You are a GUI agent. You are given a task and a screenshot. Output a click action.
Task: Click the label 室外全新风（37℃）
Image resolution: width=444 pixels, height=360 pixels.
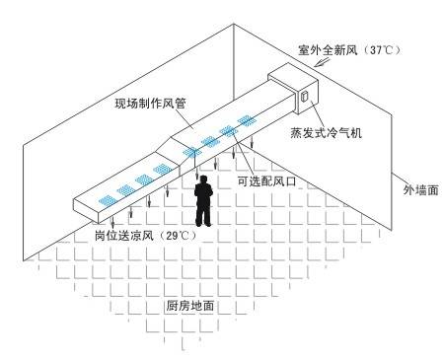(x=350, y=50)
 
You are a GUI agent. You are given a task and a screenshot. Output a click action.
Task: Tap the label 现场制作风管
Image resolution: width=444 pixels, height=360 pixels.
(x=151, y=104)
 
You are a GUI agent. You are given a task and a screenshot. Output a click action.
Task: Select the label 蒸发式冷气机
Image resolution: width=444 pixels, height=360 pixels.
(x=326, y=133)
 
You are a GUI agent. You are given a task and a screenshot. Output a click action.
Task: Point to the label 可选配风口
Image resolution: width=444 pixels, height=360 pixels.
(x=266, y=181)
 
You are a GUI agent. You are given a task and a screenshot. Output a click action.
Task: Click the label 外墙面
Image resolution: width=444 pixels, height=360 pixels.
(x=421, y=190)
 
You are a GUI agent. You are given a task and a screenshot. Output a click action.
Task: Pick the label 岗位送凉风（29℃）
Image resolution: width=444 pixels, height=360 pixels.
(x=145, y=236)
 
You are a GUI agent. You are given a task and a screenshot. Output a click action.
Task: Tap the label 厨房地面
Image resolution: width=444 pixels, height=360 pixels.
(x=190, y=306)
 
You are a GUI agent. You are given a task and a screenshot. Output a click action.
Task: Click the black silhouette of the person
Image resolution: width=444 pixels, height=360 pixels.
(x=203, y=201)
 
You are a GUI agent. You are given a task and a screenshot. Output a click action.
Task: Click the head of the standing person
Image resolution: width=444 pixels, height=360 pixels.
(x=204, y=180)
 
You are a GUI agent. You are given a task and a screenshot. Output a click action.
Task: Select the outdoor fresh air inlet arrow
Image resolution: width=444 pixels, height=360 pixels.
(x=322, y=62)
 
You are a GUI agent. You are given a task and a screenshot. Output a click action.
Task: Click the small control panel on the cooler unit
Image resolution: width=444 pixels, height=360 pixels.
(x=304, y=96)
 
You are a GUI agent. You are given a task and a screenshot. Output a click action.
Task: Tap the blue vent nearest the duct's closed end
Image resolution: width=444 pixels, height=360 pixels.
(x=108, y=200)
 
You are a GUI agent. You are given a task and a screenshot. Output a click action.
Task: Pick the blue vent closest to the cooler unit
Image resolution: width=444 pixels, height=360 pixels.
(x=247, y=120)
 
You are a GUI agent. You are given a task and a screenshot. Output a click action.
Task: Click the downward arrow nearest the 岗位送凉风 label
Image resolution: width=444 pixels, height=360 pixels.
(x=112, y=222)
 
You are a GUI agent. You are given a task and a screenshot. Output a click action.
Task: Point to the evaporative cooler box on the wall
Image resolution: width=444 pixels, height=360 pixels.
(x=293, y=88)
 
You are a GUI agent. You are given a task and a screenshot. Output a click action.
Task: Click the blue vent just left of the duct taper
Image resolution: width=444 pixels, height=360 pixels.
(x=162, y=169)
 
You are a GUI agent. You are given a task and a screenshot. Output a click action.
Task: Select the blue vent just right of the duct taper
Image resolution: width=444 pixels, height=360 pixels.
(x=191, y=152)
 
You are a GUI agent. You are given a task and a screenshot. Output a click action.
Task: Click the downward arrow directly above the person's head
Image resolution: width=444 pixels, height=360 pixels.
(x=197, y=174)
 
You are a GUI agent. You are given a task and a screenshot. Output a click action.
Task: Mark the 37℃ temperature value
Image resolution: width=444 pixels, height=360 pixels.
(x=382, y=50)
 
